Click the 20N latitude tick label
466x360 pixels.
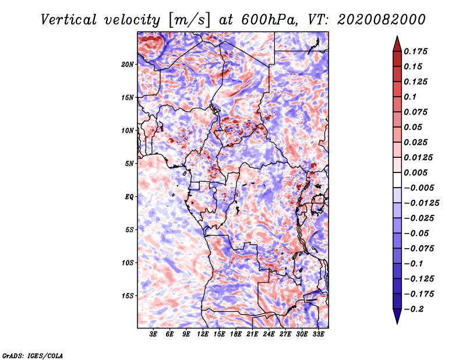tap(128, 65)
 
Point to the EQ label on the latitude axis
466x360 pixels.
tap(129, 197)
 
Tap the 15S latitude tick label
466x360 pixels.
tap(128, 296)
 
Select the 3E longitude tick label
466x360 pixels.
tap(153, 334)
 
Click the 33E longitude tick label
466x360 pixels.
tap(318, 334)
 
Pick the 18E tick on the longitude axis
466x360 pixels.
tap(236, 334)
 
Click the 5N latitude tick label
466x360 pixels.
tap(129, 164)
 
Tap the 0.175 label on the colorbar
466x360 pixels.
tap(415, 51)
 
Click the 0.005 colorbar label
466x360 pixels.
tap(415, 172)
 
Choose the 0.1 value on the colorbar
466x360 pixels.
tap(410, 97)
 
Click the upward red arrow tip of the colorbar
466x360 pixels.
tap(397, 36)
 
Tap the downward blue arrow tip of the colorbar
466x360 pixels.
tap(397, 324)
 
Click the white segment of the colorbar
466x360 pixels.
tap(397, 180)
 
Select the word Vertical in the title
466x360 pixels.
tap(69, 20)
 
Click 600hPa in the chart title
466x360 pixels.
tap(269, 20)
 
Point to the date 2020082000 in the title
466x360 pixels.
tap(382, 20)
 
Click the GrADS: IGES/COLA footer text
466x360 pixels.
tap(33, 356)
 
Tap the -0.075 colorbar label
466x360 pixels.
tap(419, 249)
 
